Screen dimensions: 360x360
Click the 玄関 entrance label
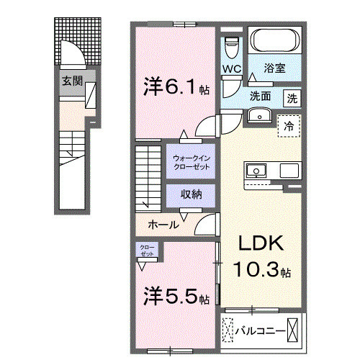[x=71, y=80]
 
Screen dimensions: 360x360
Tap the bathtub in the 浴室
[x=274, y=40]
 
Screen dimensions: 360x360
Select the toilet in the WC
[x=231, y=48]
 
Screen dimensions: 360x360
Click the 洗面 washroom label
[x=260, y=95]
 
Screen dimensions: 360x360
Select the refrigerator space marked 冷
[x=289, y=126]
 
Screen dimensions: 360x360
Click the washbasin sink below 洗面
[x=257, y=116]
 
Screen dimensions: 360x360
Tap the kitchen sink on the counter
[x=256, y=171]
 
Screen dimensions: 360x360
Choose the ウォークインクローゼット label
[x=191, y=162]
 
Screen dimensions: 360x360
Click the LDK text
[x=257, y=244]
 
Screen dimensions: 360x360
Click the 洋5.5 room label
[x=176, y=297]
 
